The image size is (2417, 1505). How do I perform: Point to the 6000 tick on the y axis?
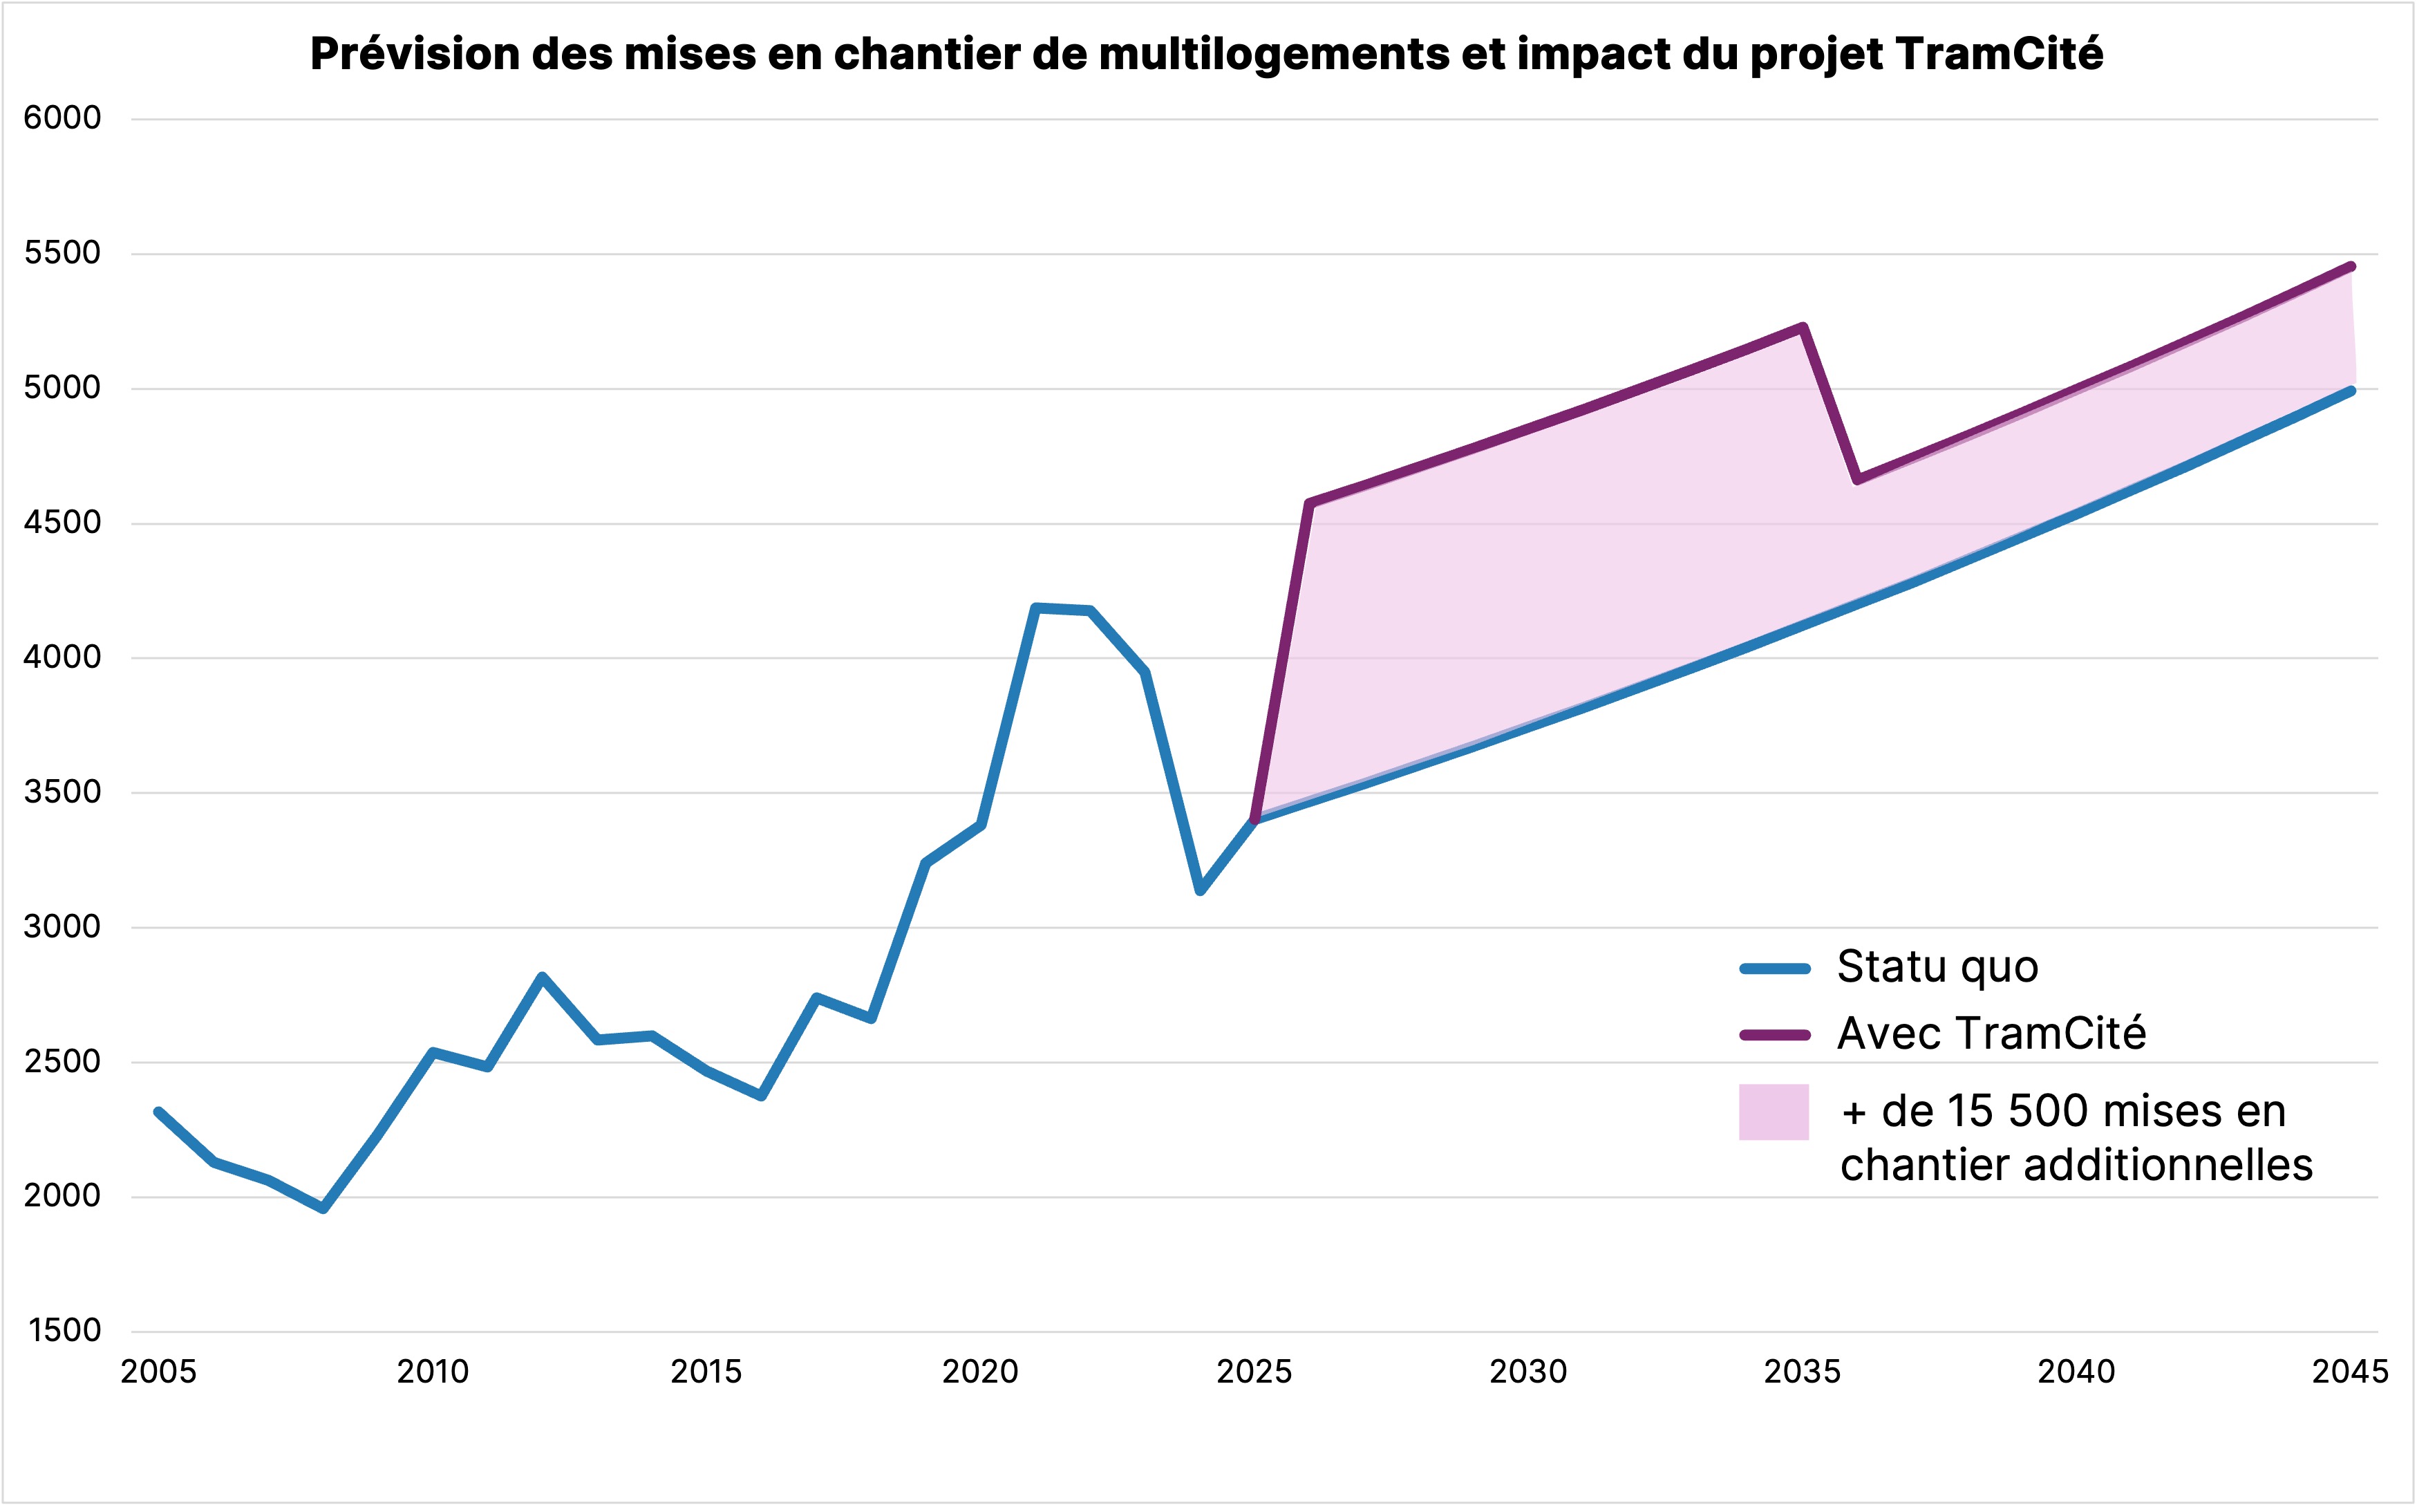63,118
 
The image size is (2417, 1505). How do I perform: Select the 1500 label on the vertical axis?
65,1331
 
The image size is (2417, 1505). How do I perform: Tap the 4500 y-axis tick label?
63,523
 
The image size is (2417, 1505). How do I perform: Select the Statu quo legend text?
1937,966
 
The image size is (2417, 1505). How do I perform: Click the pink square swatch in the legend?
1774,1112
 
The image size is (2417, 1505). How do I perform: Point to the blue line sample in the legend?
1774,969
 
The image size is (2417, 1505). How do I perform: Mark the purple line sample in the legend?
1774,1035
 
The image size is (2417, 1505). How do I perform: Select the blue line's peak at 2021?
1036,607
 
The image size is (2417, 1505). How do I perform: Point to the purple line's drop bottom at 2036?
1856,480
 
